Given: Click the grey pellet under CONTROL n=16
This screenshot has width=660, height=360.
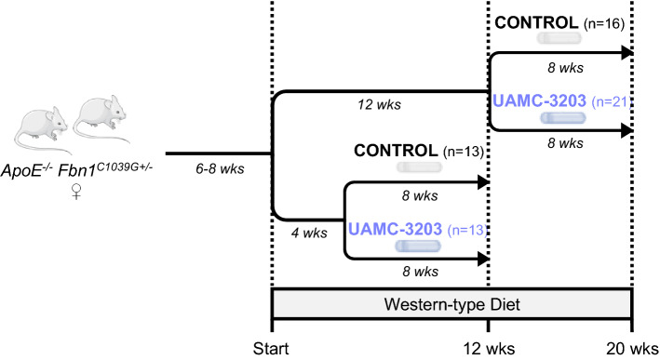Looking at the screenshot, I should (x=559, y=39).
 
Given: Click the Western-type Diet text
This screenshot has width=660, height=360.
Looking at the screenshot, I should (x=451, y=303).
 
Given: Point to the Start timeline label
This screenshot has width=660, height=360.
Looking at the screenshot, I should (x=270, y=346).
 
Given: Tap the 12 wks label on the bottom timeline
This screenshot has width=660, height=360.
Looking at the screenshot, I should (x=489, y=346).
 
